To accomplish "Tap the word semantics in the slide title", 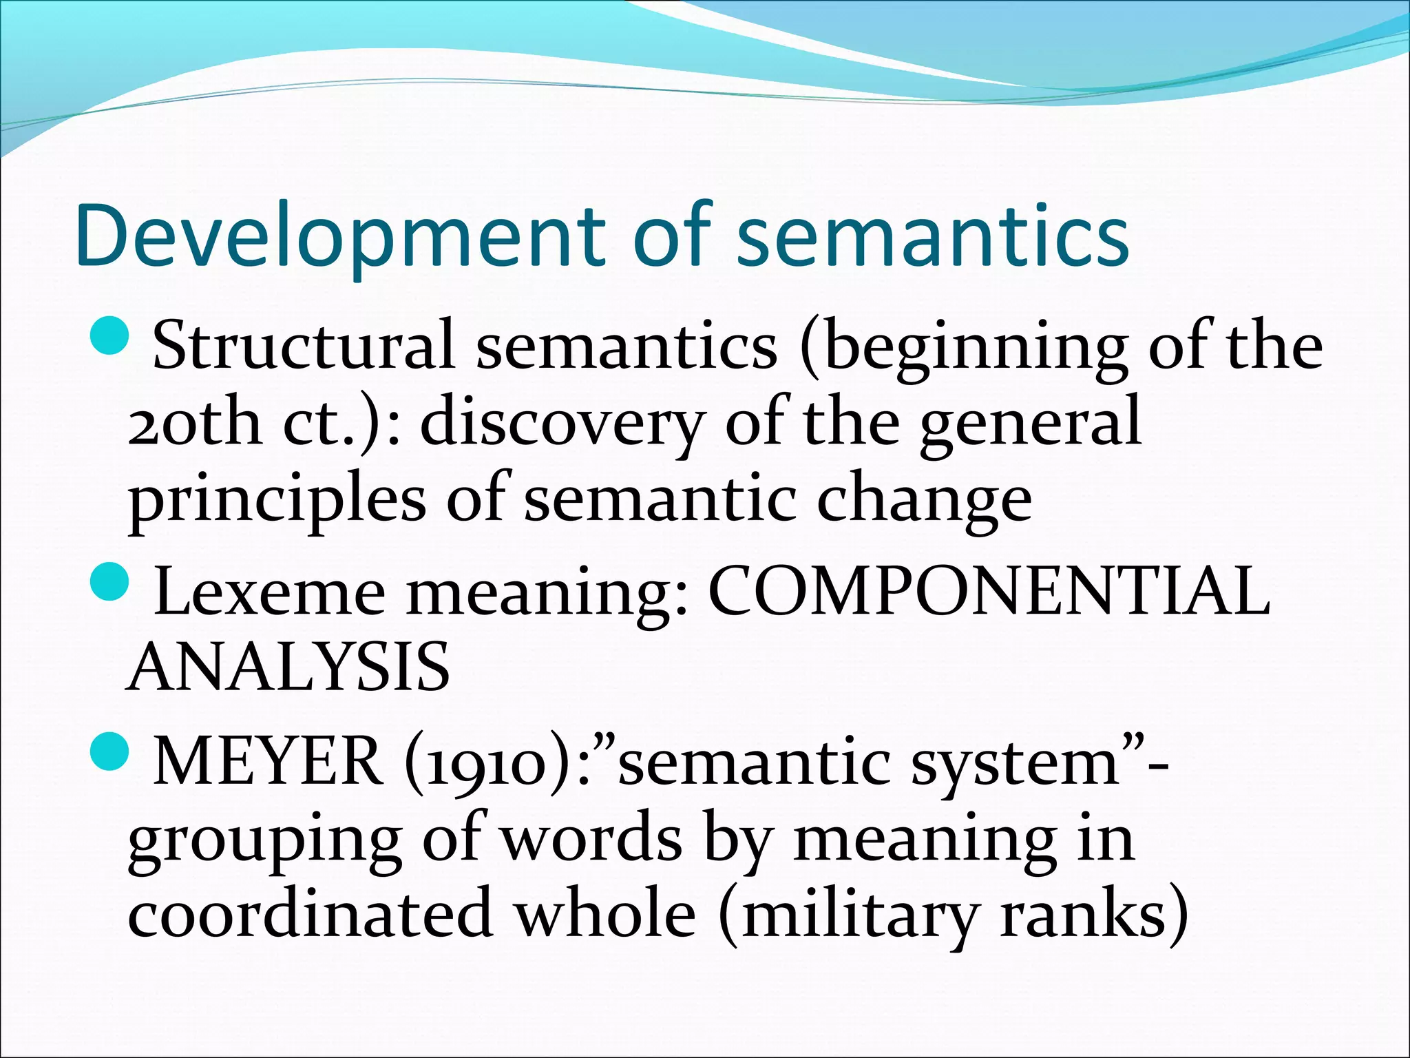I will click(x=933, y=236).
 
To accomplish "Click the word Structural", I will click(x=303, y=344).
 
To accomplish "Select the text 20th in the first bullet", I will click(x=194, y=422).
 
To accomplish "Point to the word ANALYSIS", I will click(x=289, y=667).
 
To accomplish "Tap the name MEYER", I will click(x=269, y=762).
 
